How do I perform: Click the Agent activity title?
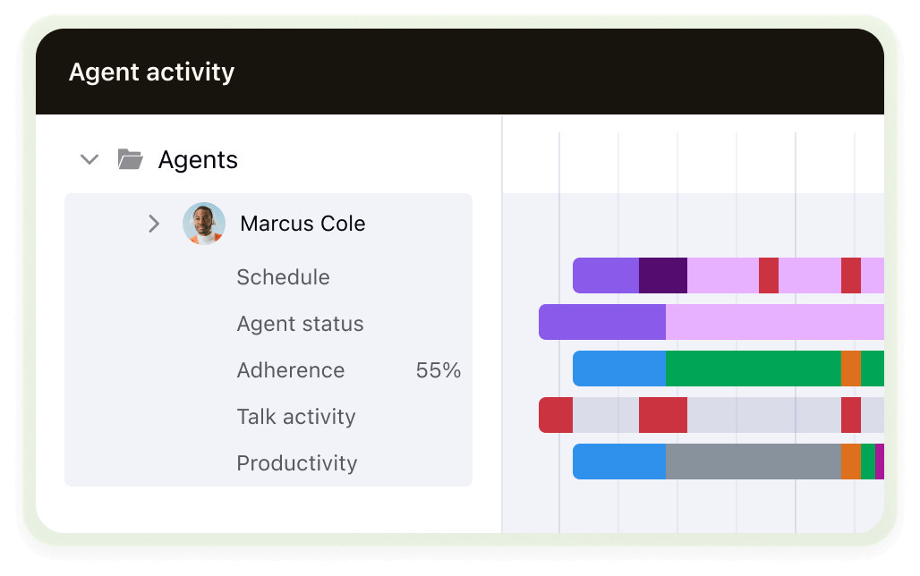point(151,72)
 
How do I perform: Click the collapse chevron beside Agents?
point(89,160)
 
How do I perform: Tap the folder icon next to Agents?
point(131,160)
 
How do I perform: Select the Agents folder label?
point(198,160)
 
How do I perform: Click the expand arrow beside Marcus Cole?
point(154,224)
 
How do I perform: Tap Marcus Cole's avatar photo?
point(203,224)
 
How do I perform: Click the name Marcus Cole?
point(302,224)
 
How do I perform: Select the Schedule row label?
point(283,277)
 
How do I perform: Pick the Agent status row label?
point(300,324)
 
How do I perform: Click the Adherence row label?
point(290,370)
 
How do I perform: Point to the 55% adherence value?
point(439,370)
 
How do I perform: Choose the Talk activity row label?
point(295,417)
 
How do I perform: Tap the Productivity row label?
point(296,463)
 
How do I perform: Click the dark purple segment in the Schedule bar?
point(662,275)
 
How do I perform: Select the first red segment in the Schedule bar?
point(768,275)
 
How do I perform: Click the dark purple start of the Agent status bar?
point(601,322)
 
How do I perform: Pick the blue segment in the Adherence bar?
point(618,368)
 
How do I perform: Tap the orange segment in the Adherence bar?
point(850,368)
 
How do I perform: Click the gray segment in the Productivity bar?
point(752,462)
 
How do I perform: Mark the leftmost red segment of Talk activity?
point(556,415)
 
